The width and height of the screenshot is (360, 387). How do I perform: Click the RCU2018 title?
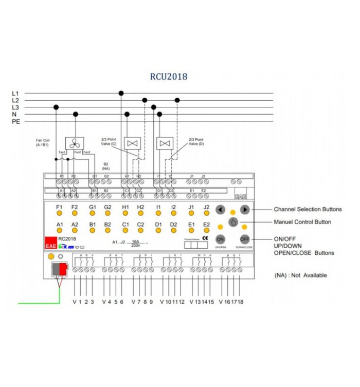coord(169,77)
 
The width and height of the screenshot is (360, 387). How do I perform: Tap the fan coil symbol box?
coord(72,143)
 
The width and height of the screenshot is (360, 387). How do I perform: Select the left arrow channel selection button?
coord(220,210)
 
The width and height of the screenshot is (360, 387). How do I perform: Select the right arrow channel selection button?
coord(245,210)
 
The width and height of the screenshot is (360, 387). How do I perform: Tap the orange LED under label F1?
coord(59,213)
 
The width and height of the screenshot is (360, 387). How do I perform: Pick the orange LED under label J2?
coord(207,213)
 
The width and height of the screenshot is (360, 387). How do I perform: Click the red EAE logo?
coord(50,243)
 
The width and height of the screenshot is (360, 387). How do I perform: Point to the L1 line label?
coord(15,93)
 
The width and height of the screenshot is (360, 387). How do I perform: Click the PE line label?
coord(15,122)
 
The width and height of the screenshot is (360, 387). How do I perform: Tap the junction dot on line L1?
coord(121,93)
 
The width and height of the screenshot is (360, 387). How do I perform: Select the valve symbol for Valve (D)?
coord(165,142)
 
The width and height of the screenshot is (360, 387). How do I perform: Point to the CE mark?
coord(205,238)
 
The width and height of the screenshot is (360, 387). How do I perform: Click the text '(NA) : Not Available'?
coord(301,275)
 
